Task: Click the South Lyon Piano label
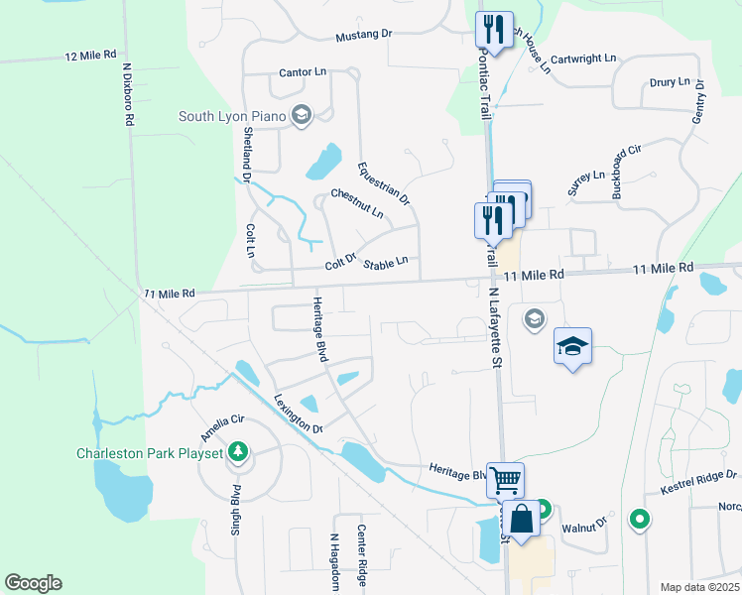point(232,116)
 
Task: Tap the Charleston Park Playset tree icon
point(237,453)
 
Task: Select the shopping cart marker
point(505,481)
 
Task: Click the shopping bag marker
point(521,518)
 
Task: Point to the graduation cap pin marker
point(572,346)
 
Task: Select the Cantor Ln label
point(303,72)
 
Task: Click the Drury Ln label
point(669,82)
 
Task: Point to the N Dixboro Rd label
point(128,95)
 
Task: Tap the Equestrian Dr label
point(384,182)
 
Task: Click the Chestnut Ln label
point(357,203)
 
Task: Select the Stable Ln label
point(386,263)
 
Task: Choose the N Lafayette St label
point(493,328)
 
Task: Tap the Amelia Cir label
point(222,429)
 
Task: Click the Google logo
point(33,583)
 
